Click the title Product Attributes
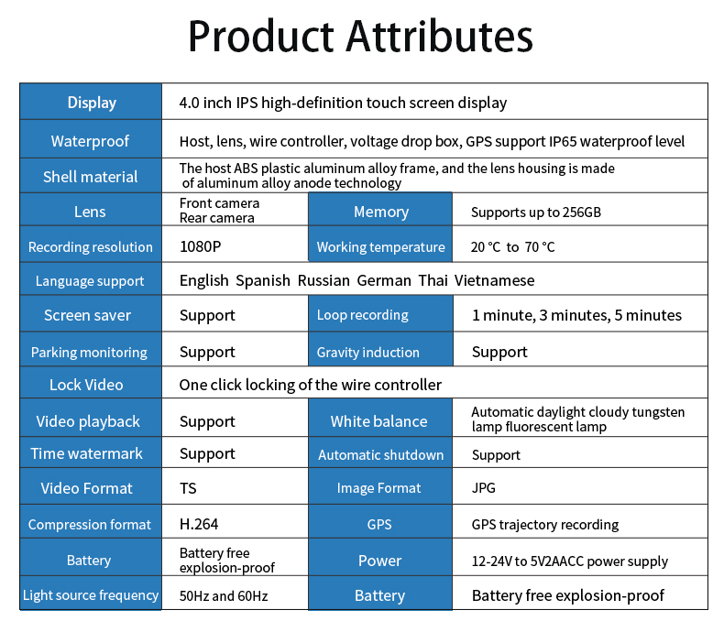360,37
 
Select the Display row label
92,103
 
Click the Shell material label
90,177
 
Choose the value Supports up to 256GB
536,213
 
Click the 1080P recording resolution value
200,246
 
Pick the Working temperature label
380,247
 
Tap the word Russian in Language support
324,280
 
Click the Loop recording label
363,315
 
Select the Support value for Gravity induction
499,353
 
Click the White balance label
378,421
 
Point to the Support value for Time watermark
207,453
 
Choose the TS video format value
188,488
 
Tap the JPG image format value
483,488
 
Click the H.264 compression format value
199,524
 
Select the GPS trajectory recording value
545,525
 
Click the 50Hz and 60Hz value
224,596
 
